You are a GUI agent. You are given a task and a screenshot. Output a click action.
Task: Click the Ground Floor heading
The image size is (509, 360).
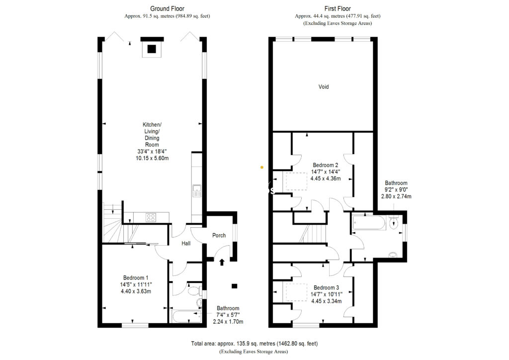[x=167, y=8]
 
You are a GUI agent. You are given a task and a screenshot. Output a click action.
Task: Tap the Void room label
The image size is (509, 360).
[x=324, y=87]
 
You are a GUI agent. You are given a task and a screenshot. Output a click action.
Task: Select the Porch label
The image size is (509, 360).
[x=219, y=236]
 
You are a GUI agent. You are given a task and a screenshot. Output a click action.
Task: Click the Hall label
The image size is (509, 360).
[x=185, y=244]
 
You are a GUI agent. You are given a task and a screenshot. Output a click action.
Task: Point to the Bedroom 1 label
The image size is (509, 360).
[x=136, y=278]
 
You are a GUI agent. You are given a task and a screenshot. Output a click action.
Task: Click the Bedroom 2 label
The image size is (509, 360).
[x=325, y=165]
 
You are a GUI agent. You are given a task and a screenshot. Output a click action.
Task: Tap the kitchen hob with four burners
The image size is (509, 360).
[x=151, y=217]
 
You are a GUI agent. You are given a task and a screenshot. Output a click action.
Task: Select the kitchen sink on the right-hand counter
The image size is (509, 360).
[x=196, y=191]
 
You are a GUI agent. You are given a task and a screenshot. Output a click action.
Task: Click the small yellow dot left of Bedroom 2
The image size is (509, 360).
[x=262, y=167]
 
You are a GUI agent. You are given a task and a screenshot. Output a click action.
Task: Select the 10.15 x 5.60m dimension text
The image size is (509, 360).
[x=153, y=158]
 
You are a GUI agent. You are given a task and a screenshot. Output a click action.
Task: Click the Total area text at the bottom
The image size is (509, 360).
[x=254, y=344]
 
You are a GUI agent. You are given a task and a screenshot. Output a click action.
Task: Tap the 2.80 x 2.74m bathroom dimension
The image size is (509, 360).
[x=396, y=196]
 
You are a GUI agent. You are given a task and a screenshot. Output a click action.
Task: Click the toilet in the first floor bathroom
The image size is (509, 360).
[x=395, y=222]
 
